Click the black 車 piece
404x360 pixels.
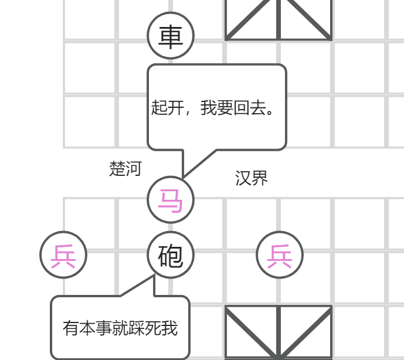(171, 36)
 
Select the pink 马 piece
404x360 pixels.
(171, 200)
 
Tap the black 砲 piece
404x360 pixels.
(171, 255)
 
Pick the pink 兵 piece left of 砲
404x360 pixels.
(63, 255)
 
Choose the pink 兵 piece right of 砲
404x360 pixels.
(280, 255)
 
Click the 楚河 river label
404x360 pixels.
(125, 169)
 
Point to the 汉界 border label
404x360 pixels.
(252, 178)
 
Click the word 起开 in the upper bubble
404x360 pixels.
(167, 108)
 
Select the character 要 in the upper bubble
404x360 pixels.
(225, 108)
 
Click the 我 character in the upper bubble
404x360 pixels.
(208, 108)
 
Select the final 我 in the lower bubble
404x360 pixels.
(169, 328)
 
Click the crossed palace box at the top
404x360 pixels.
(279, 19)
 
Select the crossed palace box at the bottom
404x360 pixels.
(279, 332)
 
